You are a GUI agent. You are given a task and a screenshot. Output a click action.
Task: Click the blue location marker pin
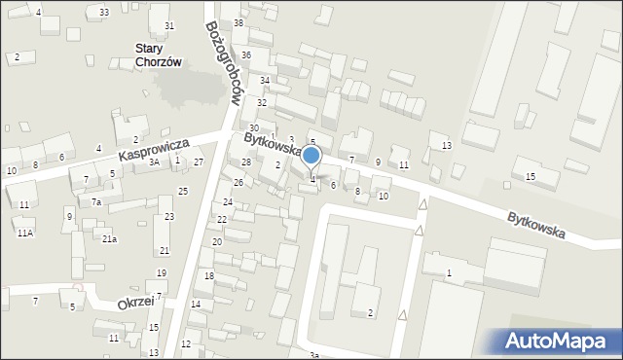pyautogui.click(x=311, y=157)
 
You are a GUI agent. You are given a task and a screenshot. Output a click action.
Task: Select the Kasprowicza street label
pyautogui.click(x=153, y=149)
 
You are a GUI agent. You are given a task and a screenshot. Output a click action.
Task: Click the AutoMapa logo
pyautogui.click(x=559, y=341)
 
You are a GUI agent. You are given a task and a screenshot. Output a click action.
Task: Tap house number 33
pyautogui.click(x=104, y=12)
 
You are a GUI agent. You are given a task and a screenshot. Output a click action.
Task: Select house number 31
pyautogui.click(x=169, y=25)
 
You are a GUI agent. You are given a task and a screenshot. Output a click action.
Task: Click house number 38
pyautogui.click(x=238, y=22)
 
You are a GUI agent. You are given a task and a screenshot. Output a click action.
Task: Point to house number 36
pyautogui.click(x=246, y=55)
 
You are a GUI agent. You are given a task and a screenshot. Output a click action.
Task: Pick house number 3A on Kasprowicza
pyautogui.click(x=154, y=162)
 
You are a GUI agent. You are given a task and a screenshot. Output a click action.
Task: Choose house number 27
pyautogui.click(x=199, y=162)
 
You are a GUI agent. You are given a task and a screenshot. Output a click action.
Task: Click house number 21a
pyautogui.click(x=110, y=239)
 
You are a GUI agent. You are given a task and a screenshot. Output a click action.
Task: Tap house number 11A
pyautogui.click(x=24, y=233)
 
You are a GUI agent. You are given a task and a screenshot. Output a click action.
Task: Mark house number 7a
pyautogui.click(x=96, y=202)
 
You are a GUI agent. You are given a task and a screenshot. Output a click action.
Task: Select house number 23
pyautogui.click(x=168, y=216)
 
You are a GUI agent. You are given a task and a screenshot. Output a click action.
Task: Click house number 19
pyautogui.click(x=162, y=273)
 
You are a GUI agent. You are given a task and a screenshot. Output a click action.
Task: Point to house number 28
pyautogui.click(x=246, y=162)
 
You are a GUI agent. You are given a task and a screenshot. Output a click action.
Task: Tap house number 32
pyautogui.click(x=262, y=102)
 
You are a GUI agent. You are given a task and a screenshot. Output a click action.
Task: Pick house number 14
pyautogui.click(x=196, y=305)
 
